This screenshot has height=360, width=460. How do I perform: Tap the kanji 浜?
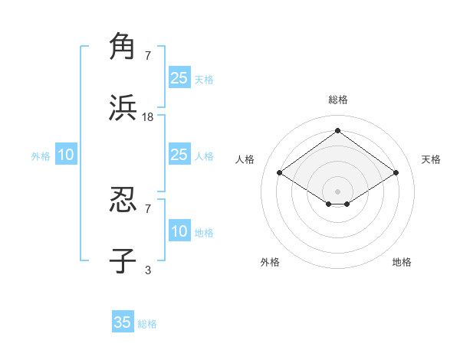coord(123,108)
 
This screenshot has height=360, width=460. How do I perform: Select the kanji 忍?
coord(123,200)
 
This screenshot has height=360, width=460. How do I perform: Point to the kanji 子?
coord(123,260)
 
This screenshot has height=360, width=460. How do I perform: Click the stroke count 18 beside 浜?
coord(148,117)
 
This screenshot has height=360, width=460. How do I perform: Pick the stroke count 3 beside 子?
coord(148,270)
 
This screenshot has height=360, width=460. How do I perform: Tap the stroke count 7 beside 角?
coord(148,55)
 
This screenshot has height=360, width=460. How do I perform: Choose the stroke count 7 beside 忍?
coord(148,208)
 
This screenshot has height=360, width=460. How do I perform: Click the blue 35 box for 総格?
coord(123,322)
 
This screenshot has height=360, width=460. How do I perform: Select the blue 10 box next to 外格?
coord(66,155)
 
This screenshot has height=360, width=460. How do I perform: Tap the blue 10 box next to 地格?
coord(179,232)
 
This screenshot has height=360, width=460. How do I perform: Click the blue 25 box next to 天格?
coord(179,78)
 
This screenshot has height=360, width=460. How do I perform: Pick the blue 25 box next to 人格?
coord(179,155)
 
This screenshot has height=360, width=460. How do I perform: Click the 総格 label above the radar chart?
coord(337,100)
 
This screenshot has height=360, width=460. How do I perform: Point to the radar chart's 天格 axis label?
coord(431,159)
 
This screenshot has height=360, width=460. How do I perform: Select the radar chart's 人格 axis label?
coord(245,159)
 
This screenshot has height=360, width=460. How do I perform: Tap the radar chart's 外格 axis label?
coord(270,263)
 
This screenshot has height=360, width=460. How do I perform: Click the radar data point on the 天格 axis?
coord(396,173)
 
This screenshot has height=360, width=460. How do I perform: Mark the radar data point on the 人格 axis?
coord(280,173)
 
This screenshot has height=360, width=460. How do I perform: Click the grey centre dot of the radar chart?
coord(337,191)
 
